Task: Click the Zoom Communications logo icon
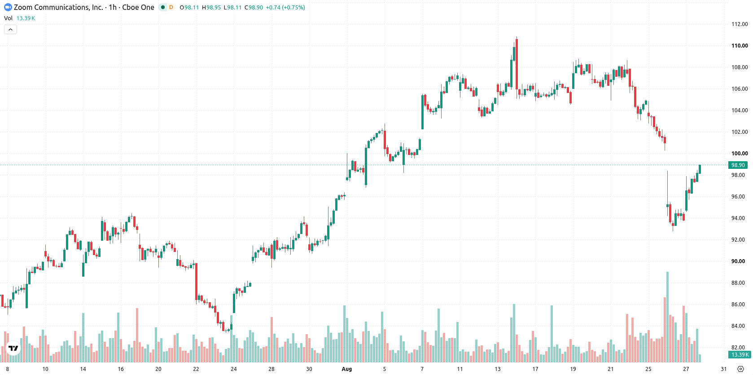pos(8,7)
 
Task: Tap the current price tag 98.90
pos(738,165)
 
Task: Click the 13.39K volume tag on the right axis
pos(740,354)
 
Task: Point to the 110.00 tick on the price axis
pos(740,46)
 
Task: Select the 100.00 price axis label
pos(740,153)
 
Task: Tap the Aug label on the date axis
pos(346,369)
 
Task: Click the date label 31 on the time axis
pos(723,369)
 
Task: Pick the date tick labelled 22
pos(196,369)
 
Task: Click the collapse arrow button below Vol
pos(10,30)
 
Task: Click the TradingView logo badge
pos(13,348)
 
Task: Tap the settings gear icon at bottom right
pos(740,369)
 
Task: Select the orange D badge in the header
pos(171,7)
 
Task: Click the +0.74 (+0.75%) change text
pos(285,7)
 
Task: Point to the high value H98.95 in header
pos(211,7)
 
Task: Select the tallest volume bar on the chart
pos(668,317)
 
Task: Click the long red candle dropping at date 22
pos(196,282)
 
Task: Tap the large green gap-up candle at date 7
pos(423,112)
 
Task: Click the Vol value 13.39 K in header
pos(26,18)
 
